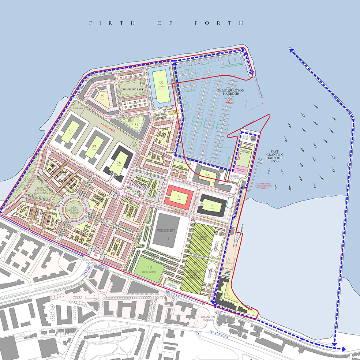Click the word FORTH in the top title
(219, 23)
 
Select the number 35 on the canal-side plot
(161, 83)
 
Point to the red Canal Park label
(110, 125)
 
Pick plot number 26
(70, 131)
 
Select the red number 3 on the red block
(178, 197)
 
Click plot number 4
(212, 206)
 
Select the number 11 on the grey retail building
(167, 239)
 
